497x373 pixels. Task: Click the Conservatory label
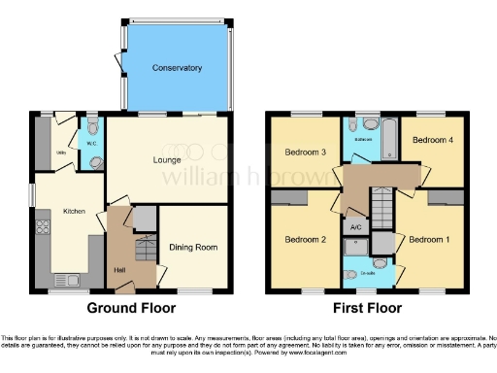coord(177,68)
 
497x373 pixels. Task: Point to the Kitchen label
coord(75,211)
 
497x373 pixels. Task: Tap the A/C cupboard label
coord(355,227)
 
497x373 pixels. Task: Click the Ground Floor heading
coord(132,308)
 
